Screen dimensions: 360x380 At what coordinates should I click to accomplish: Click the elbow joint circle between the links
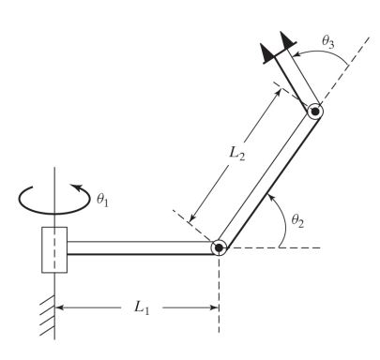[219, 247]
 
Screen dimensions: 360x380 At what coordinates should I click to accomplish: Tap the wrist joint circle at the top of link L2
[316, 112]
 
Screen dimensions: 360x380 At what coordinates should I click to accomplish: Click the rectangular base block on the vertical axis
[53, 248]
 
